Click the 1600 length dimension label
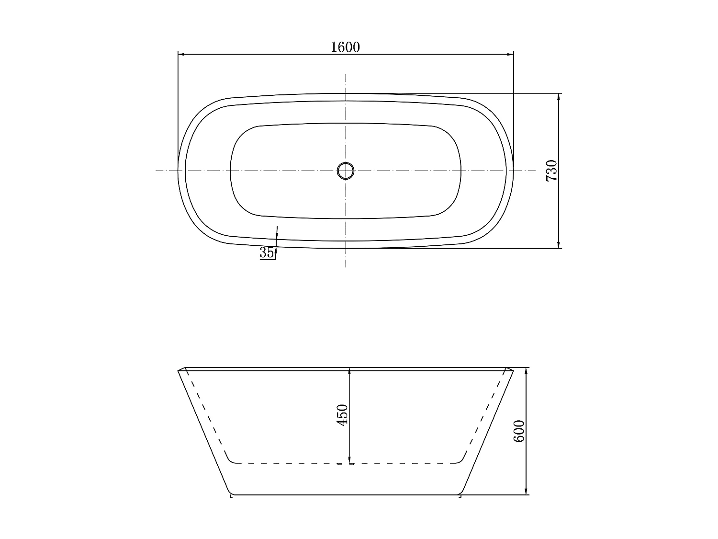pos(345,47)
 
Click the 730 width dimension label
pos(552,171)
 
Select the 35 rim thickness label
pos(267,252)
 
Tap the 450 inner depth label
pos(343,415)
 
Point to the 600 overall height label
pos(519,431)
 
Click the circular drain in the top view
pos(346,171)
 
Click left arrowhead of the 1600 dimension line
pos(181,54)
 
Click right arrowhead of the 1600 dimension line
pos(510,54)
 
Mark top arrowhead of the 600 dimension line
pos(527,371)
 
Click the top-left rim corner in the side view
pos(179,370)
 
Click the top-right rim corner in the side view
pos(512,370)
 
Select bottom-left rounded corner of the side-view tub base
pos(232,492)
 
